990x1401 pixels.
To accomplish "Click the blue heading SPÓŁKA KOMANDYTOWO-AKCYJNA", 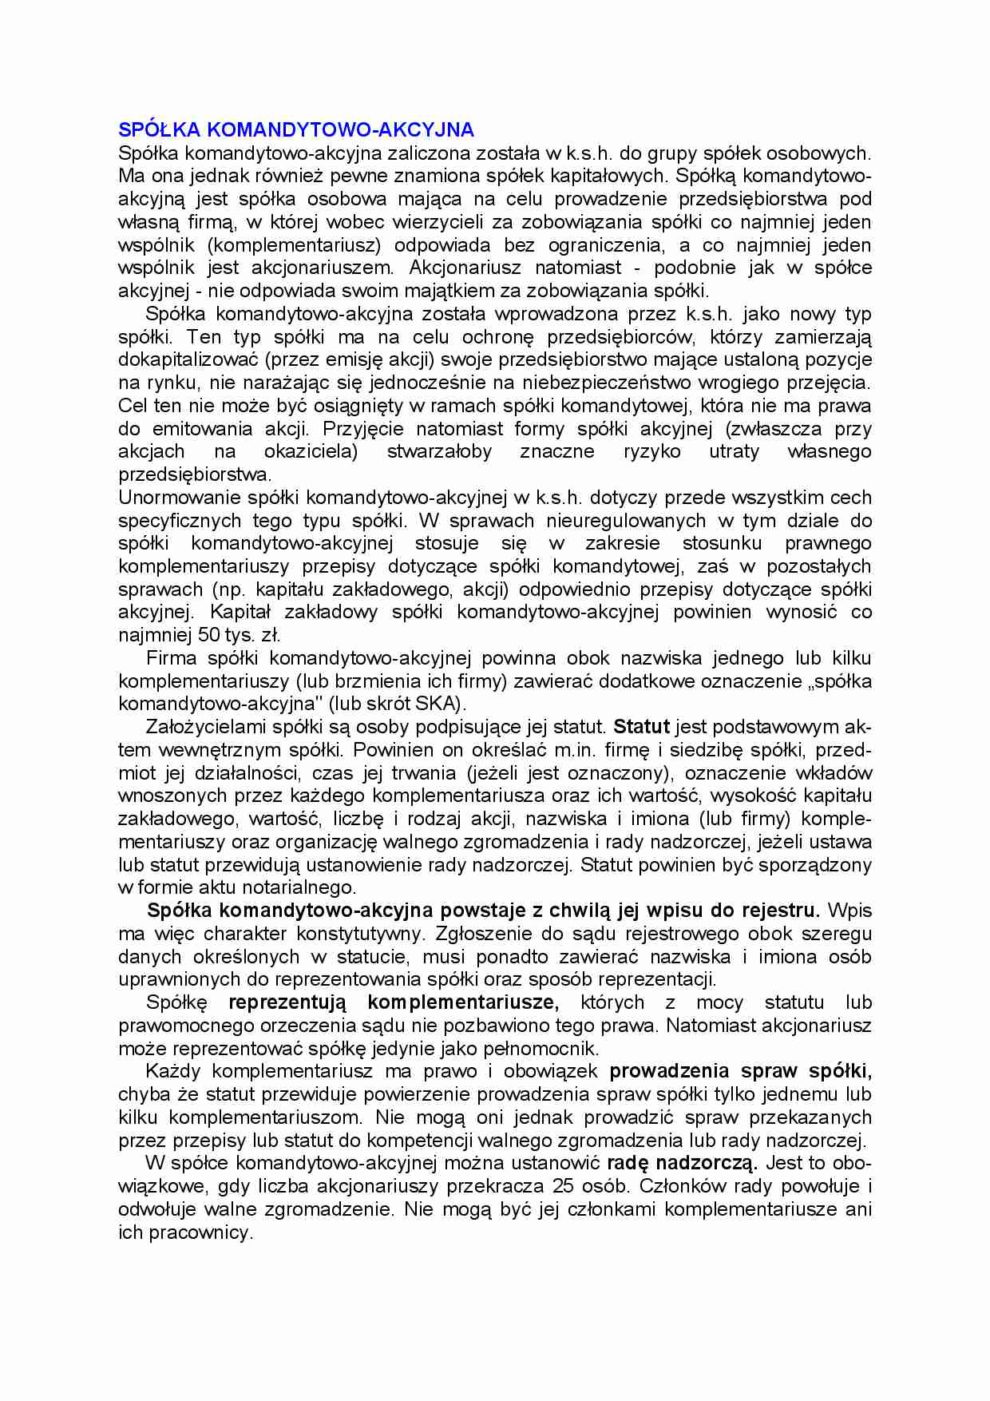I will click(x=296, y=129).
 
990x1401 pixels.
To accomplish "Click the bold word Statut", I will click(x=641, y=728).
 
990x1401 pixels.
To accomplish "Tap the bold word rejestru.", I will click(x=781, y=911).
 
